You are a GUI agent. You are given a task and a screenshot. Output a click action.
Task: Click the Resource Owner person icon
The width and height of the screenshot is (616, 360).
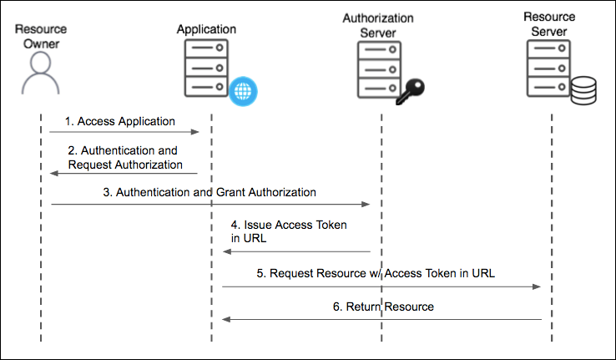pos(40,74)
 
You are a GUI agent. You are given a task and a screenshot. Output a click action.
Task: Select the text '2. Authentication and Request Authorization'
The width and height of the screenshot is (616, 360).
pos(124,158)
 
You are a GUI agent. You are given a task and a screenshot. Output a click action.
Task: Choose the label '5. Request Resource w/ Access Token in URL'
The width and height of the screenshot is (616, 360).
pos(382,272)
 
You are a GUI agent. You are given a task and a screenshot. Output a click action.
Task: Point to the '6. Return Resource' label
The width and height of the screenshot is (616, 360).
pos(383,307)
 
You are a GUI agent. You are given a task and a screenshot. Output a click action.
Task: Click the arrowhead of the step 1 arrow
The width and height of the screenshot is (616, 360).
pos(196,132)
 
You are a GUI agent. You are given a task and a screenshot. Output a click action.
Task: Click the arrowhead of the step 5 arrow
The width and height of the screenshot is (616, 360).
pos(538,286)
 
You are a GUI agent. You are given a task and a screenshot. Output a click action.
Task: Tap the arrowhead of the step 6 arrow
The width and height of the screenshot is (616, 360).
pos(225,318)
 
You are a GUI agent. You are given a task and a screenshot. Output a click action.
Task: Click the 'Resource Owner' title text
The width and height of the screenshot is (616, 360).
pos(40,37)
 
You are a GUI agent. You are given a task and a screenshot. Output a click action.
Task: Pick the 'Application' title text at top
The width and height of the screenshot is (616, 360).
pos(206,29)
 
